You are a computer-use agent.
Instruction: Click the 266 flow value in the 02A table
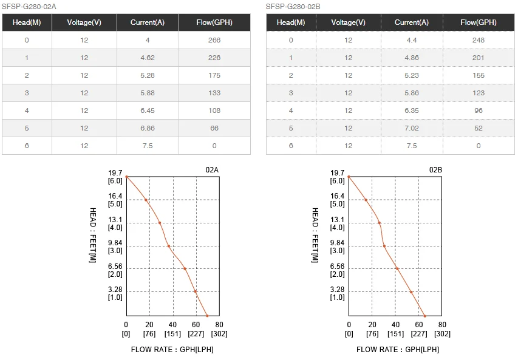point(214,40)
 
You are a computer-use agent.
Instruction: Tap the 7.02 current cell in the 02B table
point(411,128)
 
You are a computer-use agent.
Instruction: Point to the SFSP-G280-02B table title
point(293,7)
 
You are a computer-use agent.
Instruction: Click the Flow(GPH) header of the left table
point(214,22)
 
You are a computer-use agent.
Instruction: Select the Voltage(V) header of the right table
point(348,22)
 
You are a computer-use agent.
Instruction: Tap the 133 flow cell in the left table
point(214,93)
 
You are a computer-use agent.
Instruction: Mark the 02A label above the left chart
point(211,170)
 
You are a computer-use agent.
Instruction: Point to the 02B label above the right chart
point(435,170)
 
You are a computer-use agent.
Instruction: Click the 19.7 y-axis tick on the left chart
point(115,173)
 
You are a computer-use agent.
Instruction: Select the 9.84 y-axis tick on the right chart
point(338,243)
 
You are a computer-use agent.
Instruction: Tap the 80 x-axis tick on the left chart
point(219,325)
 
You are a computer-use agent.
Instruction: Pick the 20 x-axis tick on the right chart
point(372,325)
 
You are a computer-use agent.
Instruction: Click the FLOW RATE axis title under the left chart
point(172,349)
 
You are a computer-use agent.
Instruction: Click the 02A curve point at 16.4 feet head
point(146,200)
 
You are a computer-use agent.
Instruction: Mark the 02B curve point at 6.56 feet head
point(397,268)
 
